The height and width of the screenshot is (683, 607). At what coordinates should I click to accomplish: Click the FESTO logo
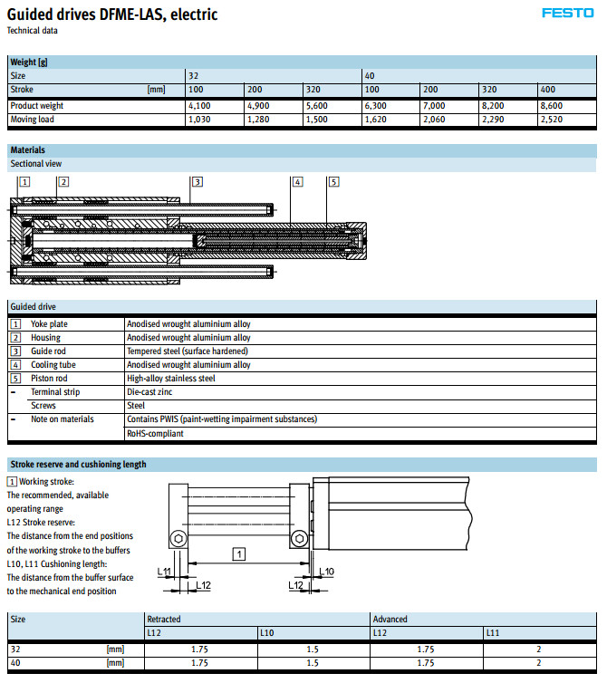pyautogui.click(x=567, y=13)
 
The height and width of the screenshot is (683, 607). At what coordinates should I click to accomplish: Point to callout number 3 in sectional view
pyautogui.click(x=197, y=181)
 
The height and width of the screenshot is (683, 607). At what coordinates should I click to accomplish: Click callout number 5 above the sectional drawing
pyautogui.click(x=333, y=181)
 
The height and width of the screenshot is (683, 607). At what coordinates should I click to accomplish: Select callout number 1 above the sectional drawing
pyautogui.click(x=24, y=181)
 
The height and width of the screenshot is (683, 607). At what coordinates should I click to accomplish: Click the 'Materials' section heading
pyautogui.click(x=27, y=150)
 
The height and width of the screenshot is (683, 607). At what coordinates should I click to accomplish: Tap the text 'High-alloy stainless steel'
pyautogui.click(x=171, y=379)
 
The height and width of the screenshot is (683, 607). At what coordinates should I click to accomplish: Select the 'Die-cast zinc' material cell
pyautogui.click(x=149, y=392)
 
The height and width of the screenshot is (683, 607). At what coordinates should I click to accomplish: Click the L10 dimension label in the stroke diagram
pyautogui.click(x=326, y=571)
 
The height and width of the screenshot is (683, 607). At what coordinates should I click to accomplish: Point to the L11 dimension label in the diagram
pyautogui.click(x=164, y=571)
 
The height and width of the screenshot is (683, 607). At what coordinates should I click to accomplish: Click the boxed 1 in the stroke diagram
pyautogui.click(x=236, y=552)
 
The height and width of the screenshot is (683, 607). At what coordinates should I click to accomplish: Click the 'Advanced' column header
pyautogui.click(x=390, y=619)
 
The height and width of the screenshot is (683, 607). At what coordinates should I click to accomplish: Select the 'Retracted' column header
pyautogui.click(x=164, y=619)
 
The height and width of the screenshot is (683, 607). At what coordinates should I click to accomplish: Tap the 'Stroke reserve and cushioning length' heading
pyautogui.click(x=78, y=464)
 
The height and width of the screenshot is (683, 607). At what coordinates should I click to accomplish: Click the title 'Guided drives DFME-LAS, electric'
pyautogui.click(x=111, y=14)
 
